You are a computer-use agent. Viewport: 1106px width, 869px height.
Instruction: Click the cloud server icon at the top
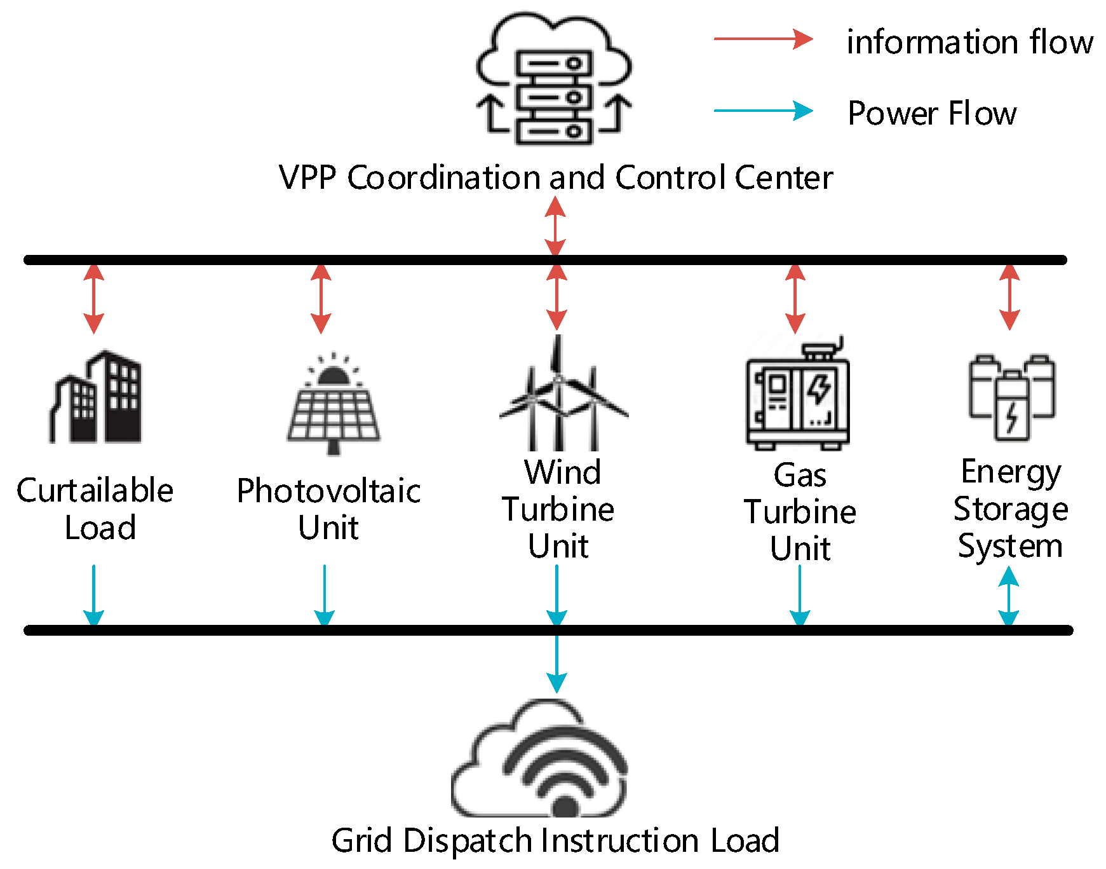[554, 79]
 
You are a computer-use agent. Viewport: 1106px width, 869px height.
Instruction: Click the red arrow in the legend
[762, 39]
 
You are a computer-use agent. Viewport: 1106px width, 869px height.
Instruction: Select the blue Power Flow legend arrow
[762, 111]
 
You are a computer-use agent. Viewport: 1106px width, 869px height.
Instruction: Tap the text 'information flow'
[969, 43]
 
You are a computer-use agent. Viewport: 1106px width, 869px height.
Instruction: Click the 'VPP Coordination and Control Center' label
[555, 177]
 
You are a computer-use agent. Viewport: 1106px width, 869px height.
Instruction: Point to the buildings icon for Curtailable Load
[96, 397]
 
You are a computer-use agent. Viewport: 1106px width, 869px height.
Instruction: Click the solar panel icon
[333, 404]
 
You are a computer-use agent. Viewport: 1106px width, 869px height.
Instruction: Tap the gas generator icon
[797, 394]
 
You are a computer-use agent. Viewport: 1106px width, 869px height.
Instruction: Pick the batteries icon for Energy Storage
[1011, 397]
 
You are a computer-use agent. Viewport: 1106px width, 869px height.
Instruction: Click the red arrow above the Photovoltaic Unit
[321, 298]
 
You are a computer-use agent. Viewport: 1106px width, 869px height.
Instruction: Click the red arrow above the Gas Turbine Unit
[795, 298]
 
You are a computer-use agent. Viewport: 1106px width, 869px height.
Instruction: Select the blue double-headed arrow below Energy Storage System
[1009, 596]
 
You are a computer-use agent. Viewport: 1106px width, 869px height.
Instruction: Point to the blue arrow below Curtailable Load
[94, 595]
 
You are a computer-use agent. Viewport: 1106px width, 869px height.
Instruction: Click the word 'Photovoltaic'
[328, 491]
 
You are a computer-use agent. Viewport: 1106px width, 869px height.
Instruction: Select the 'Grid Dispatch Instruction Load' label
[555, 841]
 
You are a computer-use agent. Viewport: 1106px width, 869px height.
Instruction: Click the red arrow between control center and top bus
[555, 226]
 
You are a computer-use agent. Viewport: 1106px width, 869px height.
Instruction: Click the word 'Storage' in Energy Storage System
[1010, 510]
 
